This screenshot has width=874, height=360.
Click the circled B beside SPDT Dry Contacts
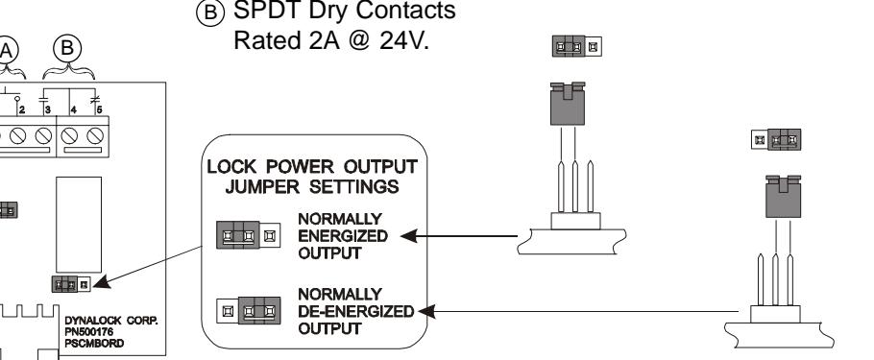pos(210,12)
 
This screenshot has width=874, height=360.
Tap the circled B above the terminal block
pos(67,49)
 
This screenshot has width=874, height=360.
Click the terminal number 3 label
pos(48,109)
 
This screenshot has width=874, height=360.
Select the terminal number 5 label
pos(99,109)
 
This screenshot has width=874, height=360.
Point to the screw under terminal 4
pos(69,135)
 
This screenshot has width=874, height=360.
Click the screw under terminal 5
pos(95,135)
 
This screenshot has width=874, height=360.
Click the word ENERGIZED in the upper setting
pos(343,236)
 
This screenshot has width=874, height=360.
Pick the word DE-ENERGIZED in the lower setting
pos(356,311)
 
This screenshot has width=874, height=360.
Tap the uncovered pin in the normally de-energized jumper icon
pos(227,311)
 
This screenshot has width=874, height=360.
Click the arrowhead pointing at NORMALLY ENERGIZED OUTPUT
pos(409,236)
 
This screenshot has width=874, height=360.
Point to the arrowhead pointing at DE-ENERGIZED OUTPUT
pos(426,311)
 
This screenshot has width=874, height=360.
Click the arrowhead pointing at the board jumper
pos(102,282)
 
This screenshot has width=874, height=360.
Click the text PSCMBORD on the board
pos(94,344)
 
